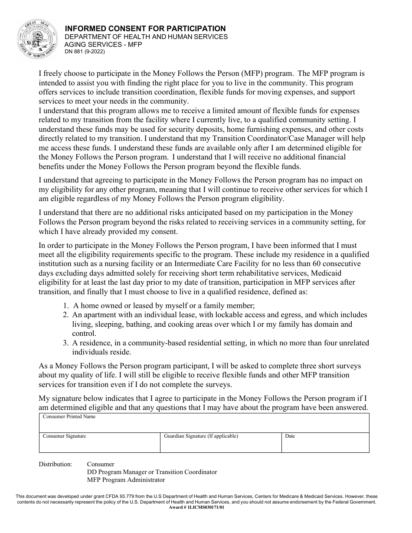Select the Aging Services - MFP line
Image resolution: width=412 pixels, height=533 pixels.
click(x=103, y=44)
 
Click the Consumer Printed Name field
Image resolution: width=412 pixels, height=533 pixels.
click(x=204, y=423)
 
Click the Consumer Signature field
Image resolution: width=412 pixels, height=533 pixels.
click(x=99, y=443)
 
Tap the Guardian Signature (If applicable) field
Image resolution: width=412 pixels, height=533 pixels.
click(x=221, y=443)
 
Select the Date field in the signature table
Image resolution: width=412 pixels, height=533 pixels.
click(x=325, y=443)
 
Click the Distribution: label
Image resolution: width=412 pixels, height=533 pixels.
click(x=56, y=464)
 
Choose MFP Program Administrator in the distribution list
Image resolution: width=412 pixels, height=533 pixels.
click(x=126, y=480)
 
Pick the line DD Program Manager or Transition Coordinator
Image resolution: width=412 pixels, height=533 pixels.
click(x=152, y=472)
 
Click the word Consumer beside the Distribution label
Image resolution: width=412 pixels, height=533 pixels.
click(x=101, y=464)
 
